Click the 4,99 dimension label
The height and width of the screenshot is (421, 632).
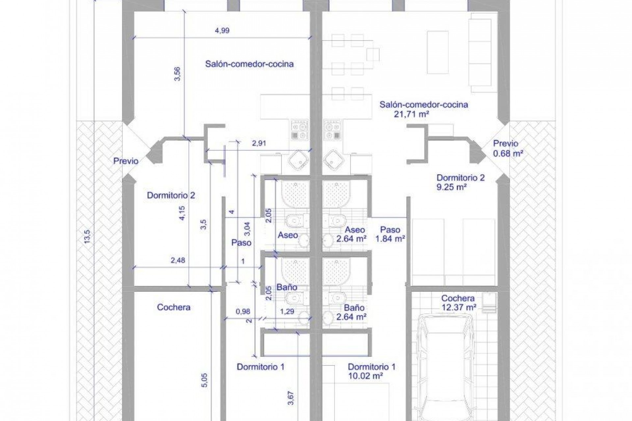pyautogui.click(x=222, y=31)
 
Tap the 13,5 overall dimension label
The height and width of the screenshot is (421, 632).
pyautogui.click(x=87, y=237)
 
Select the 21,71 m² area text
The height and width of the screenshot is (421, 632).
pyautogui.click(x=411, y=114)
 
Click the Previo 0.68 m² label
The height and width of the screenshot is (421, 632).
pyautogui.click(x=508, y=148)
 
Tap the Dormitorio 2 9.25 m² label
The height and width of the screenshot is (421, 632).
pyautogui.click(x=461, y=183)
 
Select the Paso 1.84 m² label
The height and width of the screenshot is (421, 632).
pyautogui.click(x=390, y=234)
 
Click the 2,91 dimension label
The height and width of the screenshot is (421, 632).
pyautogui.click(x=259, y=143)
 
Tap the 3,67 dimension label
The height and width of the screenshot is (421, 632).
pyautogui.click(x=291, y=398)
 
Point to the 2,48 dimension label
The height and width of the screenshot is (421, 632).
pyautogui.click(x=178, y=260)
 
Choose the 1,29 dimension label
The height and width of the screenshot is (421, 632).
pyautogui.click(x=287, y=311)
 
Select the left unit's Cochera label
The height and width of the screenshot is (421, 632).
pyautogui.click(x=174, y=307)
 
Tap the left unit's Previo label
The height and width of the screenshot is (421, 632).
pyautogui.click(x=126, y=161)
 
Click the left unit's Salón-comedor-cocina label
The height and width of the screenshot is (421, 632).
pyautogui.click(x=250, y=64)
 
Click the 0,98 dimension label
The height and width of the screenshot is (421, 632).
pyautogui.click(x=243, y=311)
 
